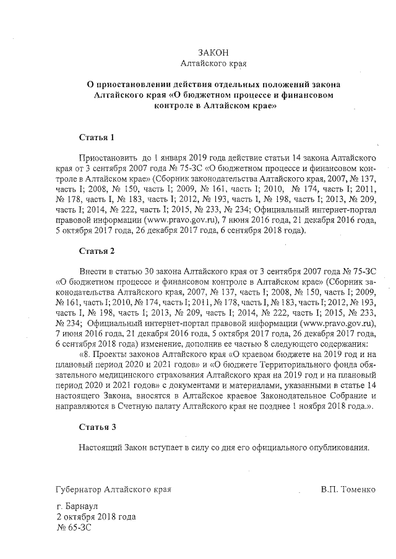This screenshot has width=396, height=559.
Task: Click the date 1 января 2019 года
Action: [201, 158]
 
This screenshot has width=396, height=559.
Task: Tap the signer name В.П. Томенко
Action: [348, 489]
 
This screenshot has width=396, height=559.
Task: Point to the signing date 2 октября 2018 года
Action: [95, 516]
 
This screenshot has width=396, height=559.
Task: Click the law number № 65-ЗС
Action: [75, 527]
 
